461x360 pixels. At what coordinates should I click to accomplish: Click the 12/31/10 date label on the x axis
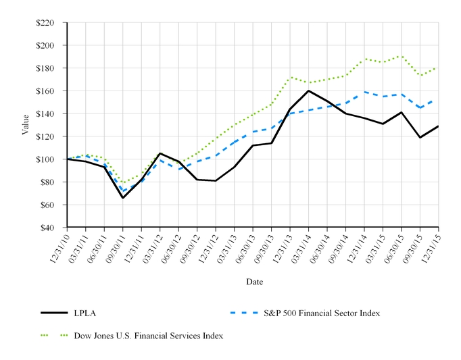pos(59,246)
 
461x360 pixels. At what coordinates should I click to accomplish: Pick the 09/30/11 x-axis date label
pos(114,246)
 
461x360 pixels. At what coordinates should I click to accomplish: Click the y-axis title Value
pos(26,125)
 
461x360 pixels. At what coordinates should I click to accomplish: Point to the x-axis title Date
pos(254,281)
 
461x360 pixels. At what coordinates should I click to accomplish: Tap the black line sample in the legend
pos(55,313)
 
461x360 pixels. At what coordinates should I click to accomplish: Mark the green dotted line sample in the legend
pos(55,335)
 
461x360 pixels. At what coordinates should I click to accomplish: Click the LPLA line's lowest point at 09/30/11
pos(123,198)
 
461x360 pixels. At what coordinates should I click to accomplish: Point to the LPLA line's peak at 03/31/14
pos(308,91)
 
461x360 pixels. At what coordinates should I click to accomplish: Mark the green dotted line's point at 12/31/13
pos(290,77)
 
